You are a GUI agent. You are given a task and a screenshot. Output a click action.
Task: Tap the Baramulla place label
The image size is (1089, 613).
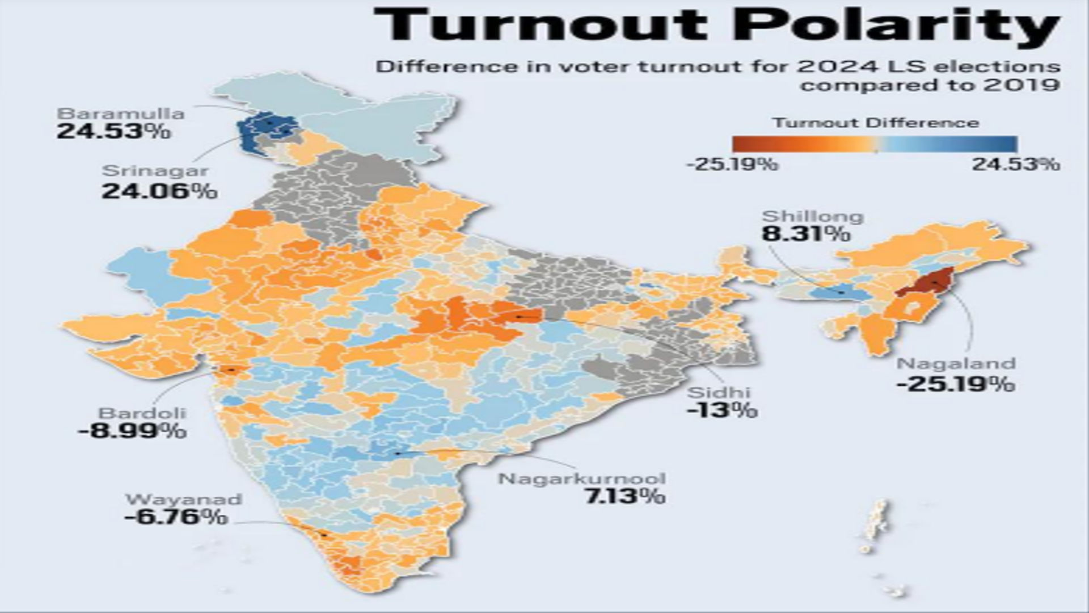(x=120, y=113)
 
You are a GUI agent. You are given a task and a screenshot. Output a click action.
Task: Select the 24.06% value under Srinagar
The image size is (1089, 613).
(x=159, y=191)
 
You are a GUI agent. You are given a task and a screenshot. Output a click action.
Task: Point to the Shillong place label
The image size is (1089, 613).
(x=812, y=216)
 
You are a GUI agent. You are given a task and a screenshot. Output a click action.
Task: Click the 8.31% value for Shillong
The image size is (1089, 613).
(x=805, y=233)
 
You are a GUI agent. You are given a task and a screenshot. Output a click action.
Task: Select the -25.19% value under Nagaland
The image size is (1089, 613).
(x=956, y=384)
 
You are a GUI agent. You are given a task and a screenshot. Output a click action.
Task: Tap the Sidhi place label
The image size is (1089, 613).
(x=719, y=392)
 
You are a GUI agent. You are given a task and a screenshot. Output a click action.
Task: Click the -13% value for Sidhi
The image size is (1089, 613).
(x=721, y=409)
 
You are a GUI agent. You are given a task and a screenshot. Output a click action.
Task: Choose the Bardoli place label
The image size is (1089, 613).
(x=142, y=413)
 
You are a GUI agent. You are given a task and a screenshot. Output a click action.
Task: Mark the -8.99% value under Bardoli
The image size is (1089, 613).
(x=132, y=431)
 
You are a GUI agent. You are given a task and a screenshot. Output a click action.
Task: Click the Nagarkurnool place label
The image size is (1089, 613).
(x=582, y=478)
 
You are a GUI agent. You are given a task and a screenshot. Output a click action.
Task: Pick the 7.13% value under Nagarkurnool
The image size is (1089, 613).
(x=624, y=497)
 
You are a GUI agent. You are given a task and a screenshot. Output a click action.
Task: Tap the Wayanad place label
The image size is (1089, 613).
(x=183, y=499)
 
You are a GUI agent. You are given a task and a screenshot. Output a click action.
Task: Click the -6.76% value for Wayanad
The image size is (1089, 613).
(x=176, y=517)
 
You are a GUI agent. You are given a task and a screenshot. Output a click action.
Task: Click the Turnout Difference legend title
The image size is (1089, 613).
(x=875, y=123)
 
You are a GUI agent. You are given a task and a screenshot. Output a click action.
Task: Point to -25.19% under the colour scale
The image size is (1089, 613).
(x=732, y=165)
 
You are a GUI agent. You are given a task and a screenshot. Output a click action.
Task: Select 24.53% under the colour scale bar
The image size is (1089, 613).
(x=1015, y=165)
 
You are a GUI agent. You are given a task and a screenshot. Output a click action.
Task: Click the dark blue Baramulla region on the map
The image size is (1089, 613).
(x=258, y=128)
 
